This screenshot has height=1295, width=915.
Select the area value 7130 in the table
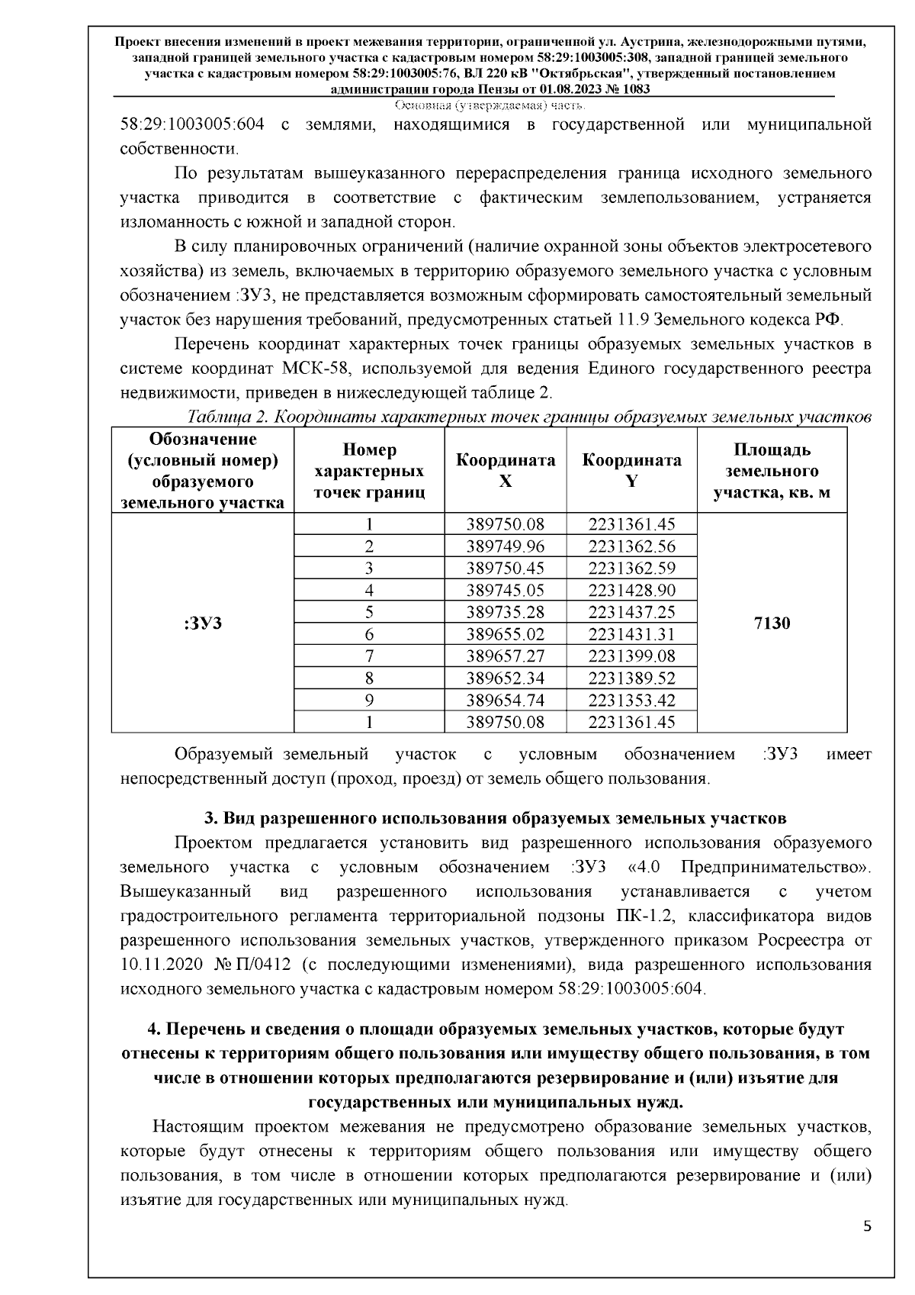coord(772,623)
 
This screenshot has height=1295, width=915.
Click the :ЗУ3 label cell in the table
coord(203,623)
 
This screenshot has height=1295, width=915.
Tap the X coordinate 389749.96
coord(505,546)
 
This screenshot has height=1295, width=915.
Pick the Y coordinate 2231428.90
coord(631,590)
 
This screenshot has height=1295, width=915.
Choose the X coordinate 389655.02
coord(505,634)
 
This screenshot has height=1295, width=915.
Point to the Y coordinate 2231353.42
coord(631,700)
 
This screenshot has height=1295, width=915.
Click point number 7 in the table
coord(369,656)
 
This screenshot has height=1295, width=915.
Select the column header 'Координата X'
coord(505,471)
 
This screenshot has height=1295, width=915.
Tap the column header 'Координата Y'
coord(631,471)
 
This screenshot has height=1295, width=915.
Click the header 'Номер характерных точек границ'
coord(369,471)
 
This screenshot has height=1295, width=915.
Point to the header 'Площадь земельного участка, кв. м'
coord(772,471)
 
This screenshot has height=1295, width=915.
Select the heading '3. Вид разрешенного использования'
coord(495,818)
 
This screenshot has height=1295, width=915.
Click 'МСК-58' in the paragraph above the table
coord(316,369)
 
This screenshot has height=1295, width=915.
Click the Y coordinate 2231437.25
coord(631,612)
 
